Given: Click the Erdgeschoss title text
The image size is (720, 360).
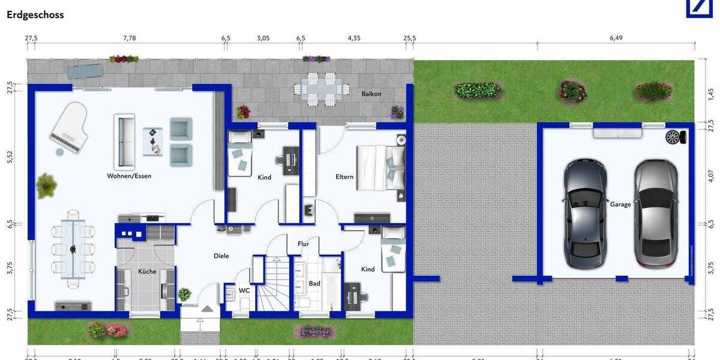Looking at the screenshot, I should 35,15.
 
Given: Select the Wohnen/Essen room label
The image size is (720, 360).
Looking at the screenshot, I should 129,176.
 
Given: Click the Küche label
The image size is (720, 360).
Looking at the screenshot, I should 147,271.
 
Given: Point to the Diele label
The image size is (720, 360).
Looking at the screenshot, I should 221,256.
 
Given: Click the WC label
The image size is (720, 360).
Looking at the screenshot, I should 244,290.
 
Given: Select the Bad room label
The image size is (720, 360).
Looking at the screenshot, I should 314,283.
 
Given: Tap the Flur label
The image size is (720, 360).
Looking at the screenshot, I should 304,244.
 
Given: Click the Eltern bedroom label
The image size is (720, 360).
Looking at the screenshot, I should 344,177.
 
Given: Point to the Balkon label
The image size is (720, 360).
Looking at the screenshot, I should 371,94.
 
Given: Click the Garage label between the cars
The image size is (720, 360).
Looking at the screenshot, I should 620,204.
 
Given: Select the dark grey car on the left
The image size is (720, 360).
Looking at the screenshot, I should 585,213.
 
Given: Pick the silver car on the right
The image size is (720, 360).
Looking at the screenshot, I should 656,213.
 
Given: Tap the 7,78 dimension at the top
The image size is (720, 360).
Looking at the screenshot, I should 130,38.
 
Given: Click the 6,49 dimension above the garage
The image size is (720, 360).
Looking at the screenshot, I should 616,38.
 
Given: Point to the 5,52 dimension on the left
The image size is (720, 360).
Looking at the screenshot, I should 9,157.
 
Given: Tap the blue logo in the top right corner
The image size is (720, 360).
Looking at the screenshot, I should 703,8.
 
